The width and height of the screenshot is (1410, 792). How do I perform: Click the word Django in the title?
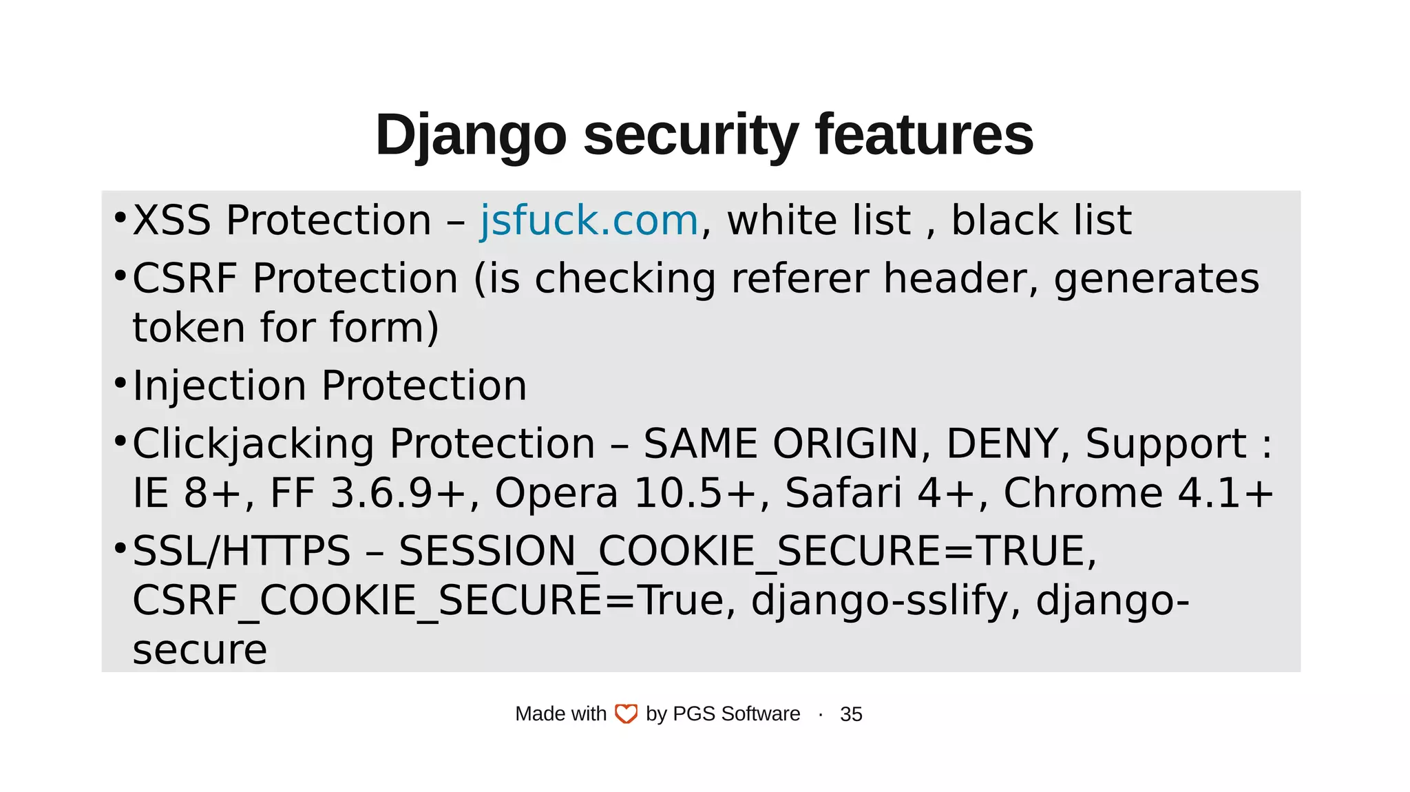coord(470,136)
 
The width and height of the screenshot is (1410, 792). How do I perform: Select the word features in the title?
coord(924,136)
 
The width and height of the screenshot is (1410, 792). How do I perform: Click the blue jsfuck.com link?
coord(589,221)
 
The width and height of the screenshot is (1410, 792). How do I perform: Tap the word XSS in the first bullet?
coord(171,221)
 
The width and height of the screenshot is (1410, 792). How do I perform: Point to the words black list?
coord(1041,221)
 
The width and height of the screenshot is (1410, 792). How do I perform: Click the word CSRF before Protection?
coord(185,279)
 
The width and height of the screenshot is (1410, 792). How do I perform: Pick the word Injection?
coord(220,386)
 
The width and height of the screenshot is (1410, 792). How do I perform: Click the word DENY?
coord(1002,444)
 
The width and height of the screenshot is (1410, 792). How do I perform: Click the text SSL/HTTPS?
coord(242,552)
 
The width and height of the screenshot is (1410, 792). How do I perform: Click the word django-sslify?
coord(878,601)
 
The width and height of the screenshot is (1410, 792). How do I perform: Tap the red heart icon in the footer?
coord(626,714)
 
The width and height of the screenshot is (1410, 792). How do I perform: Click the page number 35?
coord(851,714)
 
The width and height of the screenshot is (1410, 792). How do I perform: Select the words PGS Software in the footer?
coord(736,714)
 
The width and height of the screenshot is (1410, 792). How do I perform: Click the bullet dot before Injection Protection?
coord(120,382)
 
